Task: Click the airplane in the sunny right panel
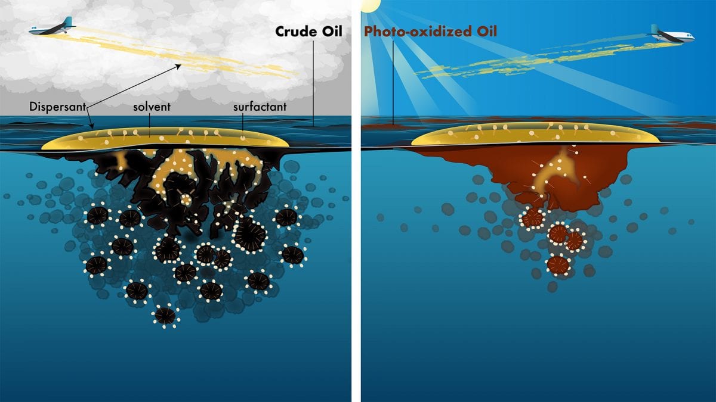point(674,35)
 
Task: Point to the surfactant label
point(261,107)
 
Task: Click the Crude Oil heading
point(308,31)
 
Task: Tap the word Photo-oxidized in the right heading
point(411,31)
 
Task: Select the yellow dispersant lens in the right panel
point(535,136)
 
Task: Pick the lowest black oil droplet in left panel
point(165,315)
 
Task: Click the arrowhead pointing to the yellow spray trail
point(178,66)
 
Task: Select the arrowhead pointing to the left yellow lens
point(91,127)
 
